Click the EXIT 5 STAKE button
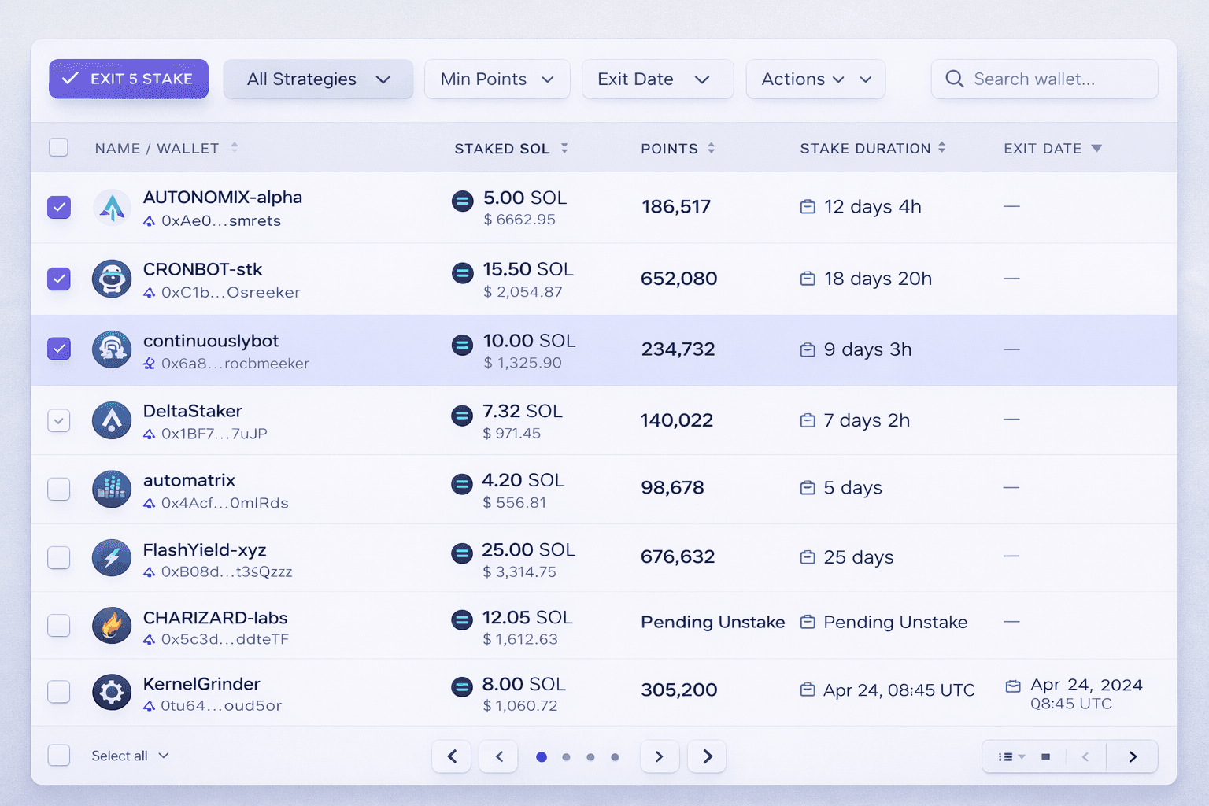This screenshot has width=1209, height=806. (x=128, y=79)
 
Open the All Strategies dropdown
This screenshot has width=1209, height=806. (x=318, y=79)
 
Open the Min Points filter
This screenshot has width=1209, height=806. (x=497, y=79)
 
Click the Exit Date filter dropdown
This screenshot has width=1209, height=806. (x=657, y=79)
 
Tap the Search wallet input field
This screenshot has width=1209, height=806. (x=1044, y=79)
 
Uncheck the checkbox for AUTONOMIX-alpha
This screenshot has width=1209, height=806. (x=59, y=207)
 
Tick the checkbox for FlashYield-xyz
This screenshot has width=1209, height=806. (x=59, y=557)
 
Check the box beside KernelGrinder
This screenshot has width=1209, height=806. (x=59, y=692)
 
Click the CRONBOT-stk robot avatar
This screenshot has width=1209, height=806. (x=112, y=279)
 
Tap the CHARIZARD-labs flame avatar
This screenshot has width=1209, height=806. (x=112, y=626)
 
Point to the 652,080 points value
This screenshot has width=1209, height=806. (x=678, y=279)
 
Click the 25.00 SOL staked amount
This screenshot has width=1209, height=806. (x=528, y=549)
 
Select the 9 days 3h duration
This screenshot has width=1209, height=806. (x=867, y=349)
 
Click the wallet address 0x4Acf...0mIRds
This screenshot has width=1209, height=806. (x=224, y=503)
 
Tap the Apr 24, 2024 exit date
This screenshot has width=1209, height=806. (x=1086, y=686)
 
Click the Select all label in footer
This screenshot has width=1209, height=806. (x=120, y=756)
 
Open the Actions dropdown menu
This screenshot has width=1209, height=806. (x=815, y=79)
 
